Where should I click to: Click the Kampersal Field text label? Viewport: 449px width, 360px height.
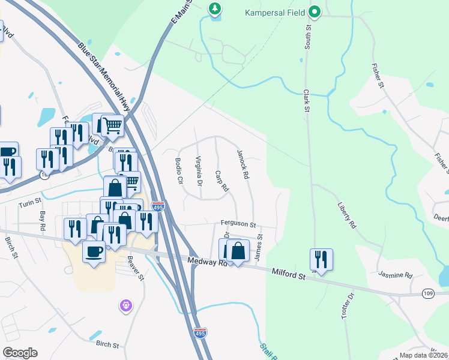point(275,11)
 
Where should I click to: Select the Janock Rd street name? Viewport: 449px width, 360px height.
point(243,166)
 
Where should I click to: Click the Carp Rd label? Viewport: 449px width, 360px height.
point(222,181)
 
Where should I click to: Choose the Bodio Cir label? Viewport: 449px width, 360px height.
point(178,171)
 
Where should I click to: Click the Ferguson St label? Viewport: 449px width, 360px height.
point(238,224)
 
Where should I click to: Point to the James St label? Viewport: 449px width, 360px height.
point(259,245)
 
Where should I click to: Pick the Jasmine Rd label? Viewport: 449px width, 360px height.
point(395,275)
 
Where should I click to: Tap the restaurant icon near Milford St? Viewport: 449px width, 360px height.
point(321,259)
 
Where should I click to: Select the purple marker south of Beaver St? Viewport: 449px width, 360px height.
point(125,306)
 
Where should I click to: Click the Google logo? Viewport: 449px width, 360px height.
point(19,353)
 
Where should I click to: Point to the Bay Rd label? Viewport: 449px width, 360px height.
point(42,220)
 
